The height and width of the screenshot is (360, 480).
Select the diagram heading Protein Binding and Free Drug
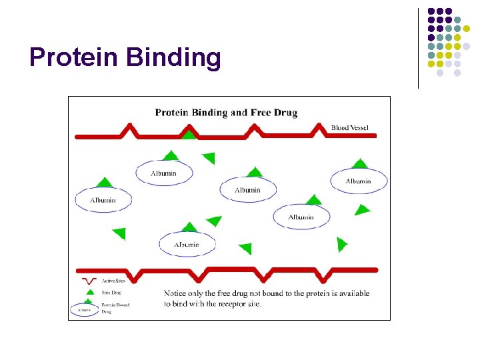[226, 113]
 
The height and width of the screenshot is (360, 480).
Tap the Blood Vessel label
[349, 127]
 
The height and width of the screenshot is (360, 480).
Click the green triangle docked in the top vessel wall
[190, 135]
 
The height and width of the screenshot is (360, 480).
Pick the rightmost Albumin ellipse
[359, 181]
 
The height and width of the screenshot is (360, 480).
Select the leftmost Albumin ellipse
[103, 200]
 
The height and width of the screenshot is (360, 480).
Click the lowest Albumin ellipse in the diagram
[187, 245]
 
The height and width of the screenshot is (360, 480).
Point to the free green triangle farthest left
[119, 233]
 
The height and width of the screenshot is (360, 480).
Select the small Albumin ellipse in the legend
[84, 310]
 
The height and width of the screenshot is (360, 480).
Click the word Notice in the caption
[177, 293]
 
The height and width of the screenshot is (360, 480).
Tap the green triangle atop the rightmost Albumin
[359, 164]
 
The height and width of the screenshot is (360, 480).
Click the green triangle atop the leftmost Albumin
[104, 183]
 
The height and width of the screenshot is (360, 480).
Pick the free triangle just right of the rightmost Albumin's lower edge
[361, 210]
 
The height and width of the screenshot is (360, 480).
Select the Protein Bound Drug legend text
[115, 308]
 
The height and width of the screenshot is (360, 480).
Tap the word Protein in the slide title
[74, 58]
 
